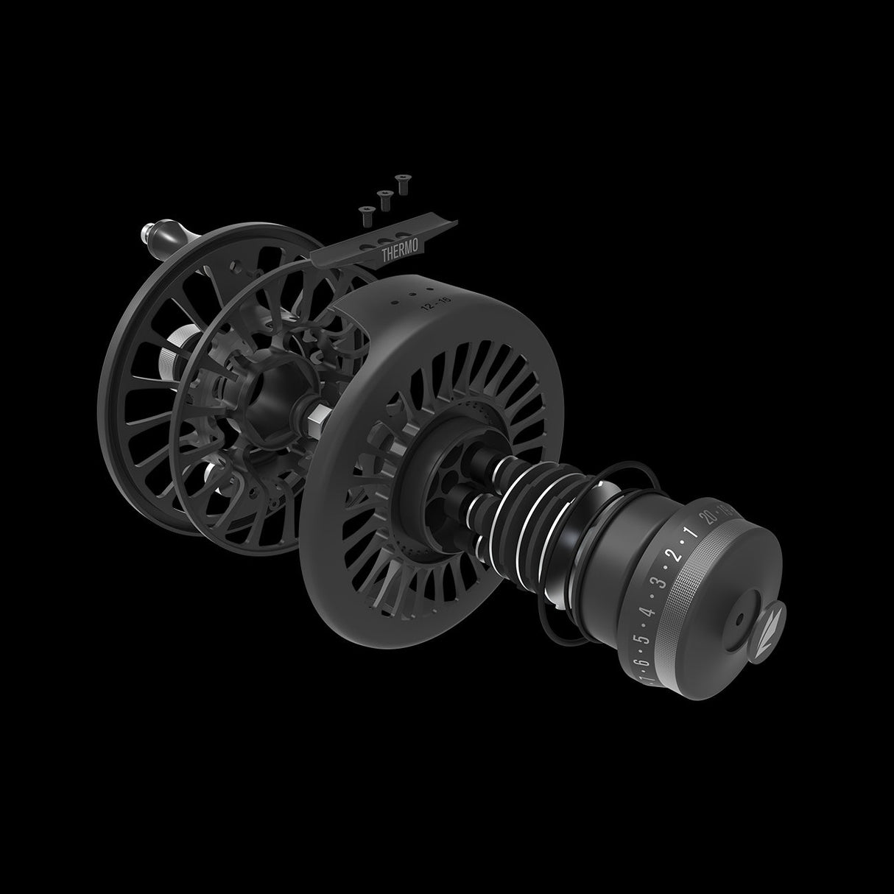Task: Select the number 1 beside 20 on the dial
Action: point(690,534)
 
